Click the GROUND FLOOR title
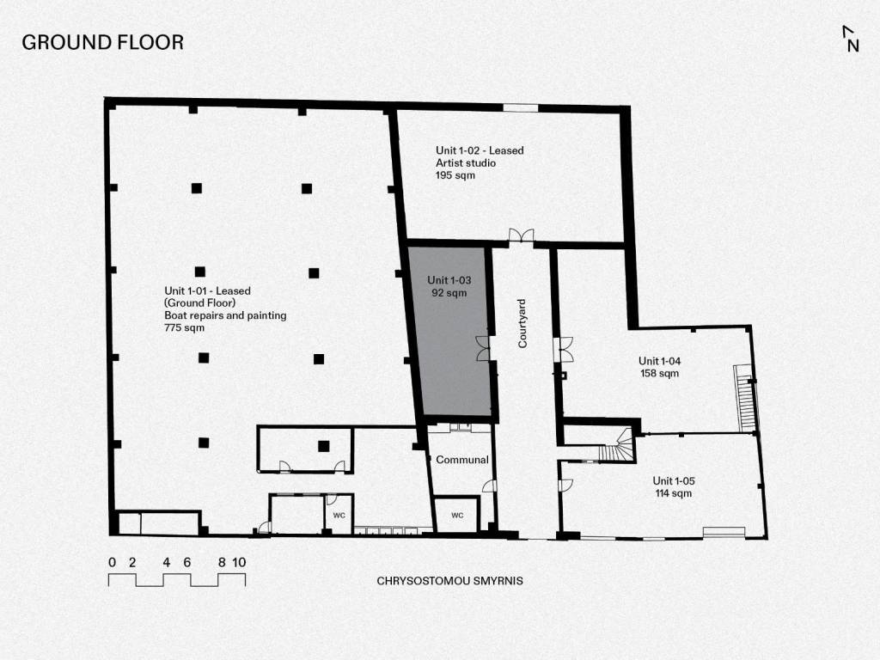point(103,43)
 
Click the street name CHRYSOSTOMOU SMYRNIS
point(449,581)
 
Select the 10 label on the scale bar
point(239,562)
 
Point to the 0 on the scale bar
point(113,562)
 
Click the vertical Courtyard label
point(522,324)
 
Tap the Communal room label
point(461,460)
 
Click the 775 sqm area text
point(184,327)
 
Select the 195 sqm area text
point(455,175)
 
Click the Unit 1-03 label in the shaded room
point(449,280)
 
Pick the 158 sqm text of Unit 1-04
point(659,373)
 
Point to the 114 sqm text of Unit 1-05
point(674,493)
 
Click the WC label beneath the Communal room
point(457,516)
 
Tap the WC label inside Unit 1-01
point(339,516)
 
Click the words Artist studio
point(466,162)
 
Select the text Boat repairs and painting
point(225,315)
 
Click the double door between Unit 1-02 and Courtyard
point(522,235)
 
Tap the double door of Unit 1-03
point(483,348)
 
